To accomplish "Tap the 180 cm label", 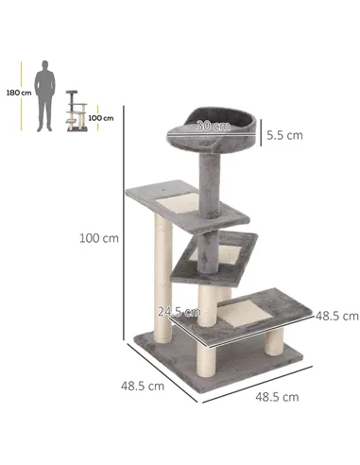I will tap(12, 94).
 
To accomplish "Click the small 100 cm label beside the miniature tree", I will tap(101, 118).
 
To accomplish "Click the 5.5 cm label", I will tap(283, 134).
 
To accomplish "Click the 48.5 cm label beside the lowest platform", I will tap(337, 315).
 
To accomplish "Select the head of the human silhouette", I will tap(44, 65).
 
